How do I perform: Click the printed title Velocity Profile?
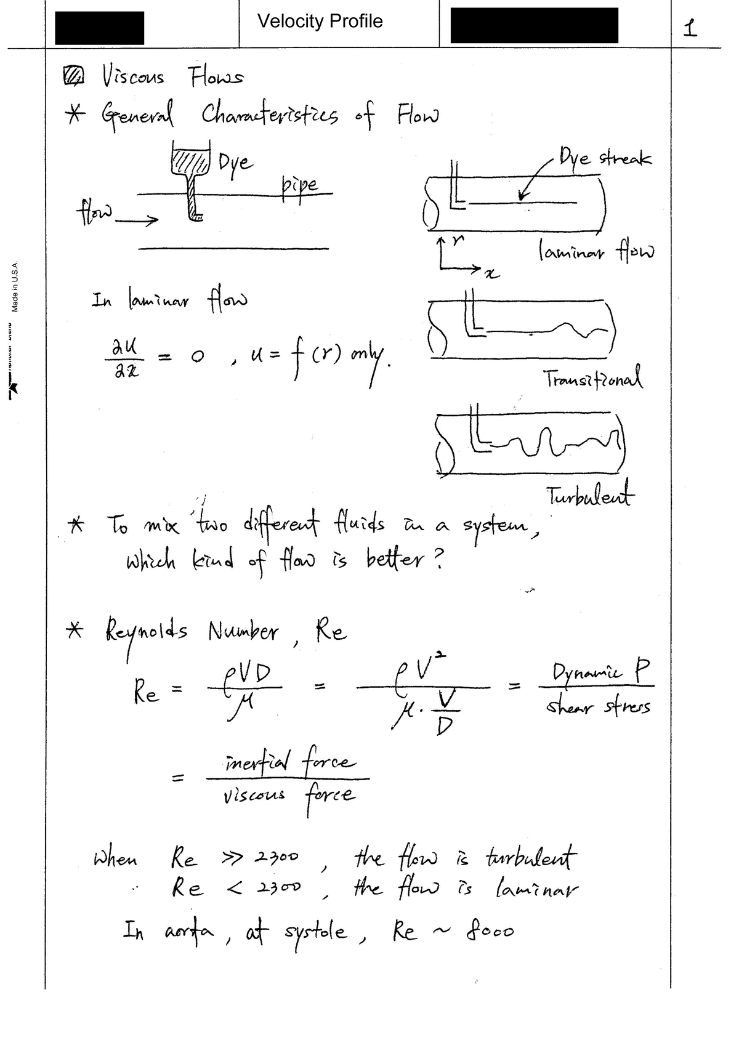320,22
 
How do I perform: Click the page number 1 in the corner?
691,28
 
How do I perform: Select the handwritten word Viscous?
133,77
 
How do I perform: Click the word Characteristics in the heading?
270,115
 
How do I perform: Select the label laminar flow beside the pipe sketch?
596,251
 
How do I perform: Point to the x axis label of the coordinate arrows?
490,273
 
